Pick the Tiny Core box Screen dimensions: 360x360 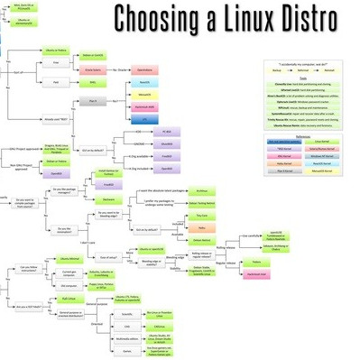pyautogui.click(x=203, y=217)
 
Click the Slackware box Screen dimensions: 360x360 pyautogui.click(x=203, y=230)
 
